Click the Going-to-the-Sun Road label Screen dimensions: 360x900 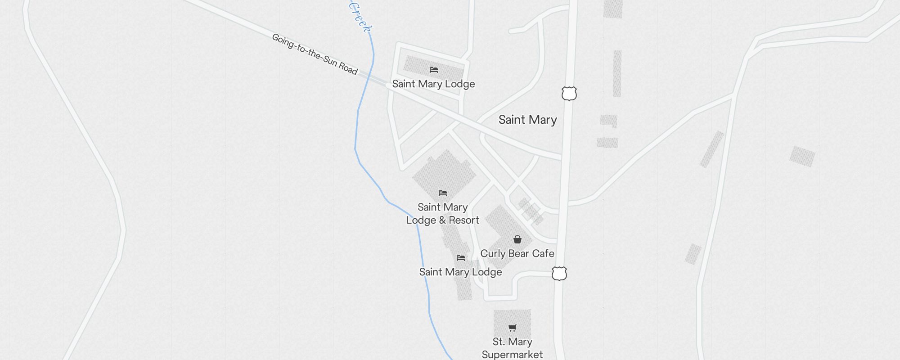(315, 54)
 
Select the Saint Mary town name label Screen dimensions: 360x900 (527, 120)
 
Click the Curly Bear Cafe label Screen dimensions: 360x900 (517, 253)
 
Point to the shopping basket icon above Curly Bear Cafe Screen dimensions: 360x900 (517, 239)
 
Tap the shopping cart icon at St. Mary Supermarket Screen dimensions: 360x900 (512, 328)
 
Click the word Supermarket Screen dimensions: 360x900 (512, 355)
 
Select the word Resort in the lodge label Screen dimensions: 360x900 (464, 220)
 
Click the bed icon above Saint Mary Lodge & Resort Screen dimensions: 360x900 (443, 193)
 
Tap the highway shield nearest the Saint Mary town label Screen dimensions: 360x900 (569, 94)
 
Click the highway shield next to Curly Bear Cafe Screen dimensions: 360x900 (559, 273)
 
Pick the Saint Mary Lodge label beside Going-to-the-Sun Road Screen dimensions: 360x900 (433, 84)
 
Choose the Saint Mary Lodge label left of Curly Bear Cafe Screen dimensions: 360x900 (460, 272)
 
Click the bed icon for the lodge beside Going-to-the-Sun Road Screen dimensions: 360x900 (434, 70)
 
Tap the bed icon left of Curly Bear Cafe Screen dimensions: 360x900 (461, 258)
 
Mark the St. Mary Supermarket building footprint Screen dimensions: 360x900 (512, 318)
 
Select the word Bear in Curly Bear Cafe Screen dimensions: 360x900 (518, 253)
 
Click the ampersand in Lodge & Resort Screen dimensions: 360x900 (442, 220)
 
